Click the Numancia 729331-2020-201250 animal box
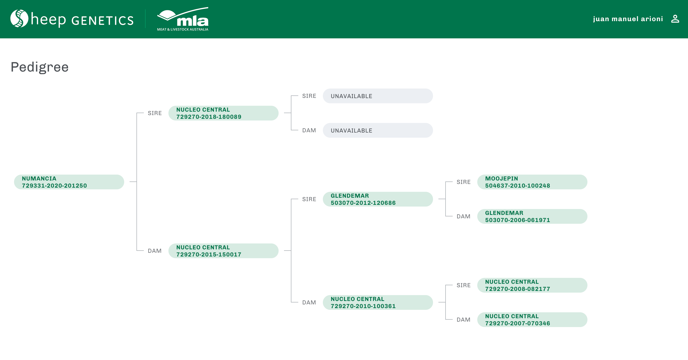[69, 182]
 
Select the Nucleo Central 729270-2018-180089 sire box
[223, 113]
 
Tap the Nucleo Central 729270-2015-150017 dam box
[223, 251]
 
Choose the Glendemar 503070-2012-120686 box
[378, 199]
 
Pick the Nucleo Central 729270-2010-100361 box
[378, 302]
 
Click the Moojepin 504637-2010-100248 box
[532, 182]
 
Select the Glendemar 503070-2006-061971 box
[532, 216]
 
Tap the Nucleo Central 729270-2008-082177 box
[532, 285]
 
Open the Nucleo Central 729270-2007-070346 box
[532, 320]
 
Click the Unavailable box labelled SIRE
[378, 96]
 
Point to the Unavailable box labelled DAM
[378, 130]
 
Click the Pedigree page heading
[40, 67]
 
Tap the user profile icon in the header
[675, 19]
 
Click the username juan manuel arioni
[628, 19]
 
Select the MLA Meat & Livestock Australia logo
[183, 19]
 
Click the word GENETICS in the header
[102, 21]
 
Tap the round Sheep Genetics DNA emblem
[19, 18]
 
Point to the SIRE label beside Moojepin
[464, 182]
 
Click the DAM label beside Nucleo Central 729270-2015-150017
[155, 251]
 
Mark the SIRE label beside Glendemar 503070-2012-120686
[309, 199]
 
